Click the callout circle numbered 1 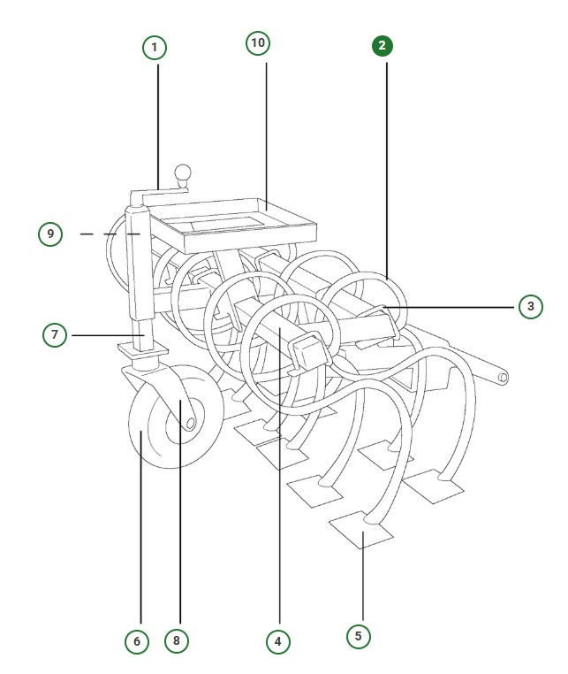click(x=155, y=47)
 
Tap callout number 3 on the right click(x=529, y=307)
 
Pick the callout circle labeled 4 click(x=277, y=639)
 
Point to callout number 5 click(x=358, y=635)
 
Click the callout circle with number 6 click(x=136, y=640)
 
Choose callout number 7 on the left click(x=55, y=335)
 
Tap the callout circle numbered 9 click(x=50, y=234)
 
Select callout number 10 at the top click(x=259, y=43)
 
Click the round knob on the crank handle click(x=183, y=174)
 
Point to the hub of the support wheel click(x=187, y=424)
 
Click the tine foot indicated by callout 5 click(x=360, y=532)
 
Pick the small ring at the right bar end click(x=503, y=378)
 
